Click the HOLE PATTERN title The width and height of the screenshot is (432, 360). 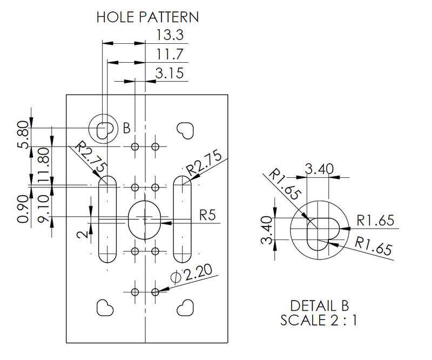pyautogui.click(x=147, y=17)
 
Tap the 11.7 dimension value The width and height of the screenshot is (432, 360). pyautogui.click(x=170, y=54)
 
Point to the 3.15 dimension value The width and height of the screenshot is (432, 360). pyautogui.click(x=170, y=73)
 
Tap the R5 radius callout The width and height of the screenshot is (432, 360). pyautogui.click(x=207, y=215)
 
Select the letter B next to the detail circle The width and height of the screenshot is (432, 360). pyautogui.click(x=126, y=128)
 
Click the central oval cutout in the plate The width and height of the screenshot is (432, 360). pyautogui.click(x=144, y=219)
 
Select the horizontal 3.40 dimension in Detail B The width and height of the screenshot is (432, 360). pyautogui.click(x=319, y=170)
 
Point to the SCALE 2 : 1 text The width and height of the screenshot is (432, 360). pyautogui.click(x=319, y=320)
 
